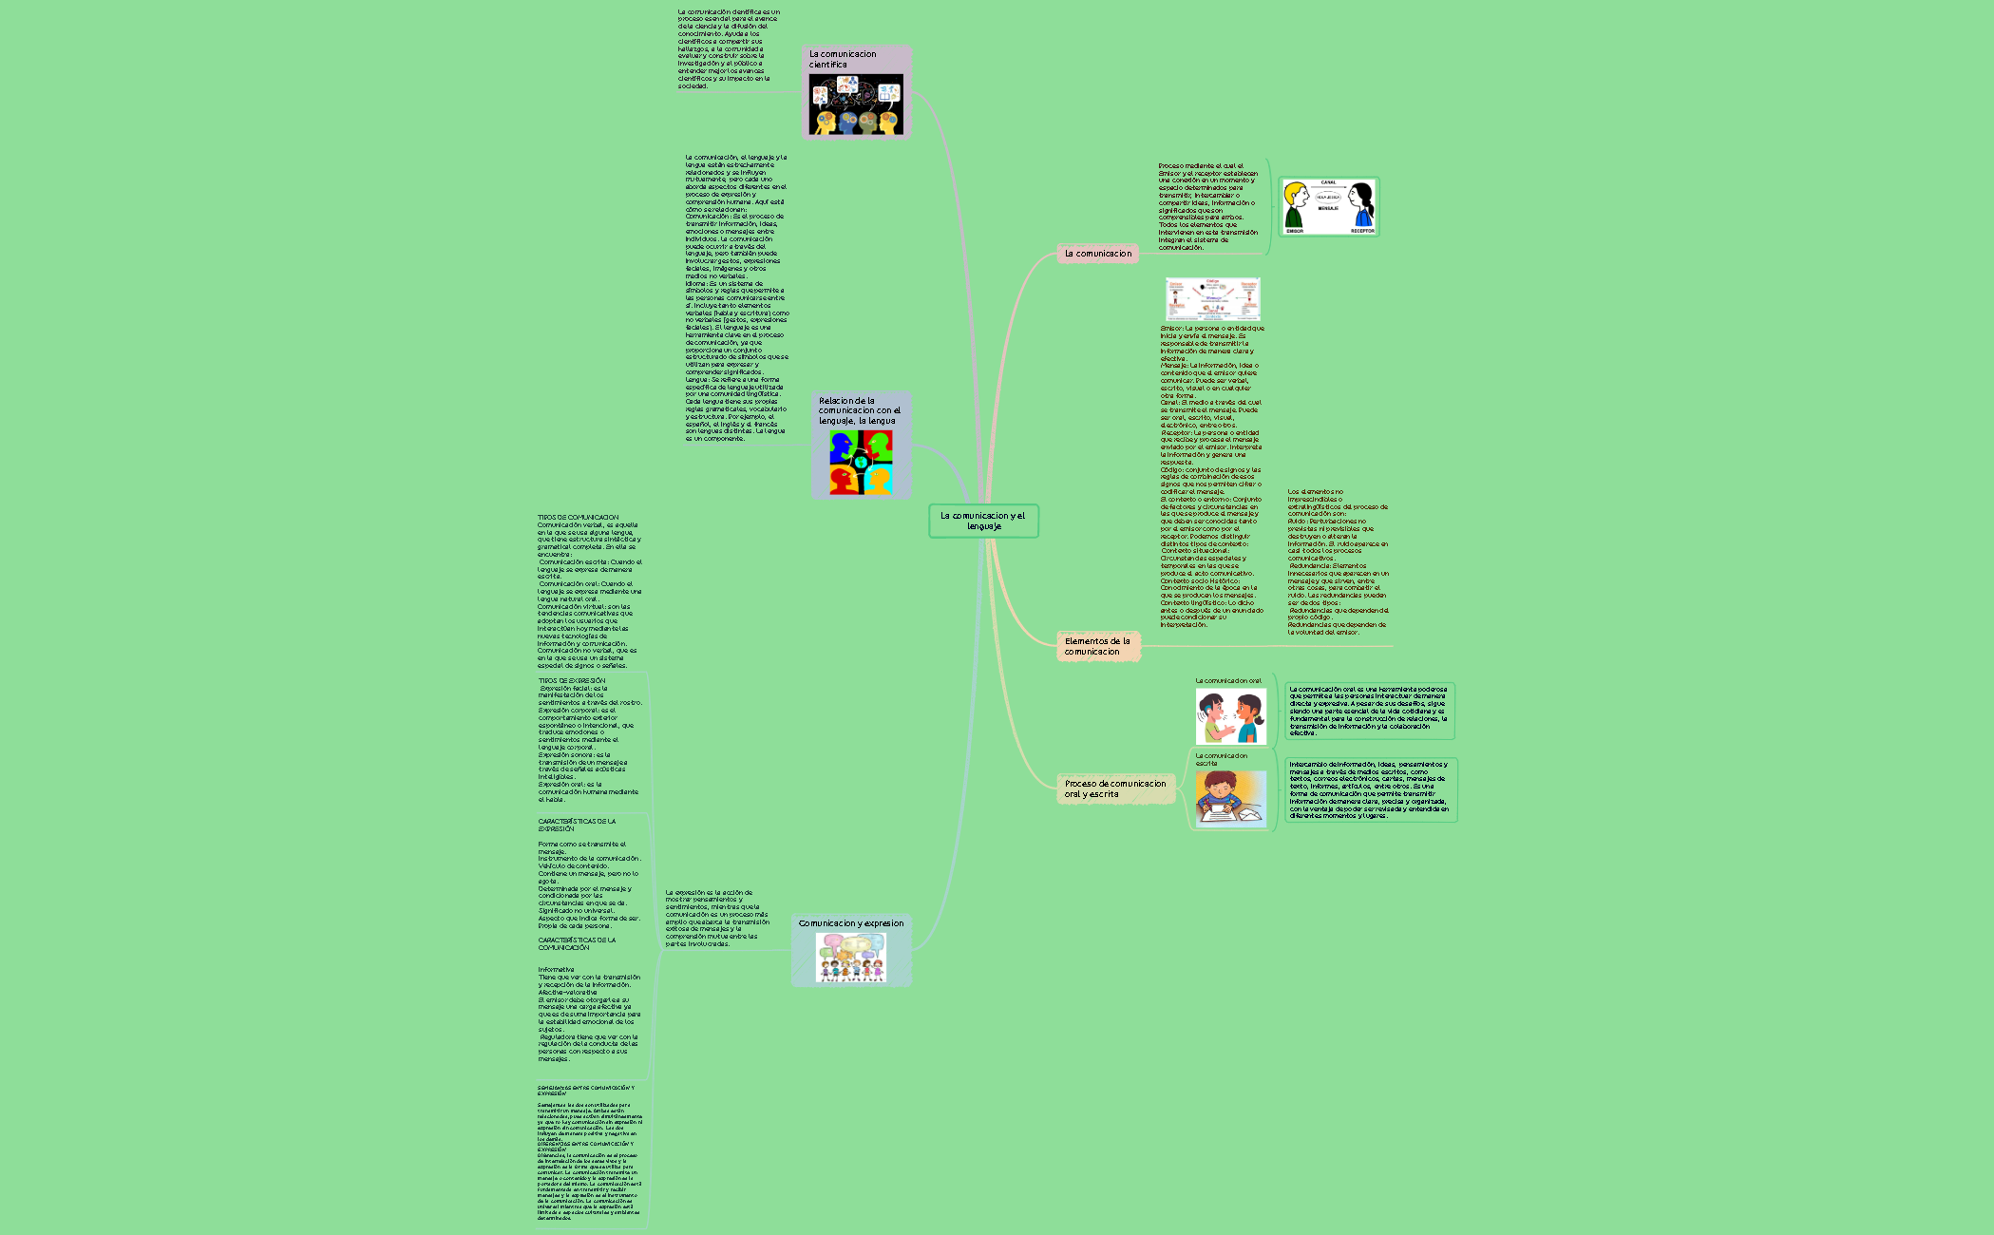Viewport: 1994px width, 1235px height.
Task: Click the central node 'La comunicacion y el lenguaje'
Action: pos(983,521)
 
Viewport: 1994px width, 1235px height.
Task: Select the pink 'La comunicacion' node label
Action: pos(1097,254)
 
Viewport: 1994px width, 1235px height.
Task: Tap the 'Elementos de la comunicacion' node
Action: pos(1097,646)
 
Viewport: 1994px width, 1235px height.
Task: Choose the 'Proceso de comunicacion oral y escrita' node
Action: pos(1114,788)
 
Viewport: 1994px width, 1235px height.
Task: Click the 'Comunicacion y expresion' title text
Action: pos(851,923)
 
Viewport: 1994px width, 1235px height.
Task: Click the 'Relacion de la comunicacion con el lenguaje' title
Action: pos(859,410)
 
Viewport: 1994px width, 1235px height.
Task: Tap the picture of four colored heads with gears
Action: pos(856,104)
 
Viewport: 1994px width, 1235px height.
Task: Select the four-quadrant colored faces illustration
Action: pos(861,463)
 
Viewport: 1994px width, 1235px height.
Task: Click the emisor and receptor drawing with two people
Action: pos(1328,206)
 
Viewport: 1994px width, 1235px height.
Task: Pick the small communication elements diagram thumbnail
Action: pos(1212,299)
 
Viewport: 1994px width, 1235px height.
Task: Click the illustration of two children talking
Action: pos(1230,716)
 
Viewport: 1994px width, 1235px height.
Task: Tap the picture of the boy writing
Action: pos(1230,799)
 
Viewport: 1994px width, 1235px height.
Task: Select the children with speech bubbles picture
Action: pos(850,957)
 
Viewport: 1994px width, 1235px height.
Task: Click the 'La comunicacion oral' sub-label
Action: pos(1228,681)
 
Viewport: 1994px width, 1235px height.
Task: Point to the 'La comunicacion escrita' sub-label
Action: pos(1221,759)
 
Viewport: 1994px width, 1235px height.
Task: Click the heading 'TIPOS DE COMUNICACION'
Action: pos(578,518)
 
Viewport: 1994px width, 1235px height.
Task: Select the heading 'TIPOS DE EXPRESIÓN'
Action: pos(571,681)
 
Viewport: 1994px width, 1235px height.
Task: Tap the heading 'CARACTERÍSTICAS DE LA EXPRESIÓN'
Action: pos(577,825)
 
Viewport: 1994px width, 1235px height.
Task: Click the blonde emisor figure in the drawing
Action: pos(1295,205)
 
